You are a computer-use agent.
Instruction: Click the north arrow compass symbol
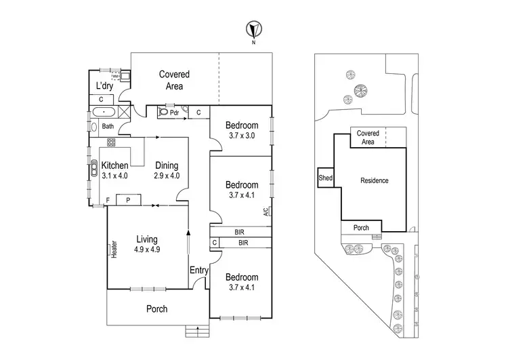(x=253, y=31)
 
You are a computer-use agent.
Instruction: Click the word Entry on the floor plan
(x=199, y=271)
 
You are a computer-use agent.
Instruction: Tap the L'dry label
(x=104, y=86)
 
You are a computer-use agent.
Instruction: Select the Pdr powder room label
(x=174, y=113)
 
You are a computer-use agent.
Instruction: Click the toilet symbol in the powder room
(x=163, y=113)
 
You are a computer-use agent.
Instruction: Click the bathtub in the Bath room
(x=104, y=113)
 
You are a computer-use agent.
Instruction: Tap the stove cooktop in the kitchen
(x=111, y=143)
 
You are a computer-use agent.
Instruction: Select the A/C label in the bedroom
(x=269, y=212)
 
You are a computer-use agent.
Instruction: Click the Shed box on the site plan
(x=325, y=178)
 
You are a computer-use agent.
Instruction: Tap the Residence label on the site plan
(x=374, y=180)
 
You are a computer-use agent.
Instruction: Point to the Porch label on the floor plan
(x=157, y=309)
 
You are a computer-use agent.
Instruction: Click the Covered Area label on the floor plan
(x=174, y=80)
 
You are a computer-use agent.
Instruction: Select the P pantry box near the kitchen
(x=128, y=199)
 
